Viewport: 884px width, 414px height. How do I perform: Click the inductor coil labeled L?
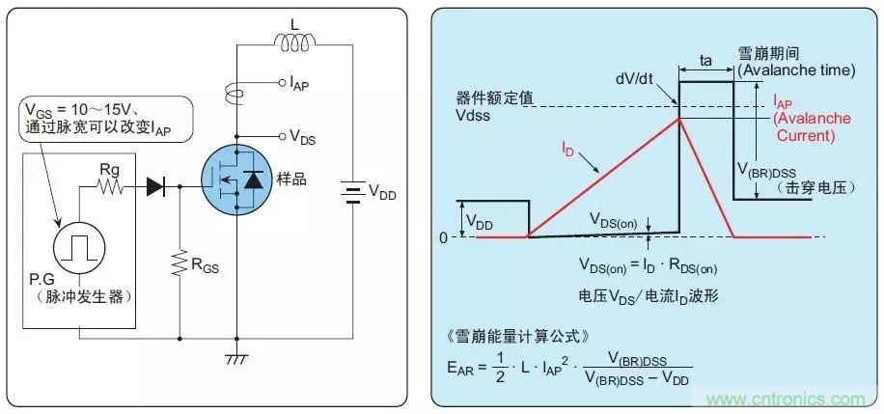point(289,41)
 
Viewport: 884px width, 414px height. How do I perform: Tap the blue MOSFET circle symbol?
point(234,180)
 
